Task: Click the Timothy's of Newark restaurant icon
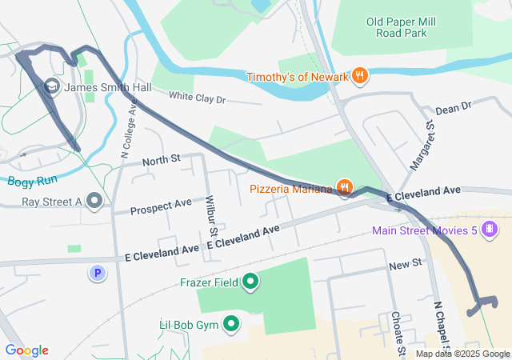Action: coord(360,76)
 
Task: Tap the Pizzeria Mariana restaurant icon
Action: coord(345,188)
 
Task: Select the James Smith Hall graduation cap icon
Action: coord(52,86)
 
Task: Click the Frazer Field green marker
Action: coord(250,282)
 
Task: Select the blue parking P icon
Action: coord(98,274)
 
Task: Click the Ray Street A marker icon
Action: coord(95,202)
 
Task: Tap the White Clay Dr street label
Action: coord(198,98)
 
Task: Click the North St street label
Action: coord(162,161)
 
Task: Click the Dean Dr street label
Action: coord(454,106)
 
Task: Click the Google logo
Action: coord(26,350)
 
